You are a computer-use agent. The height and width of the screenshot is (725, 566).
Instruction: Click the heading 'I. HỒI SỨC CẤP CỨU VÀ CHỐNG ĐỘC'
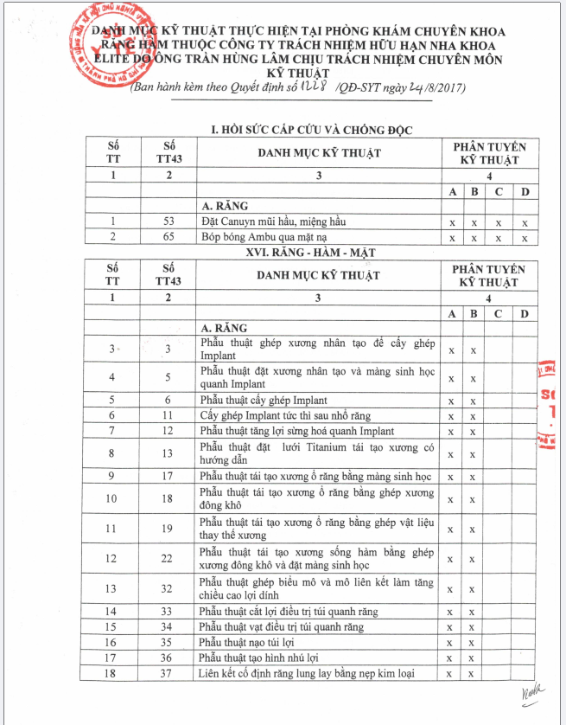(312, 130)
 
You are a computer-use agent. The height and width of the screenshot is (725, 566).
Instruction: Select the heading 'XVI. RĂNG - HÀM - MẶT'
(311, 252)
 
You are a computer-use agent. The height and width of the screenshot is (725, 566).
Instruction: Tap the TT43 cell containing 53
(169, 221)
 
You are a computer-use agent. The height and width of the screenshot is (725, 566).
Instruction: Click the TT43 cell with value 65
(169, 237)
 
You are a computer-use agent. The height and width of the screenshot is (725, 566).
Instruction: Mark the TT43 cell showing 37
(169, 674)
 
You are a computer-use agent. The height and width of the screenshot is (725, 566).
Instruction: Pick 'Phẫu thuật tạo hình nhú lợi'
(259, 658)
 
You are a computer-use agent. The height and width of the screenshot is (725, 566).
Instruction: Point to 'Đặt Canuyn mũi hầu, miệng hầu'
(275, 221)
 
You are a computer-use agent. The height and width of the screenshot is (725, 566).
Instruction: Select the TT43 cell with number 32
(169, 589)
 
